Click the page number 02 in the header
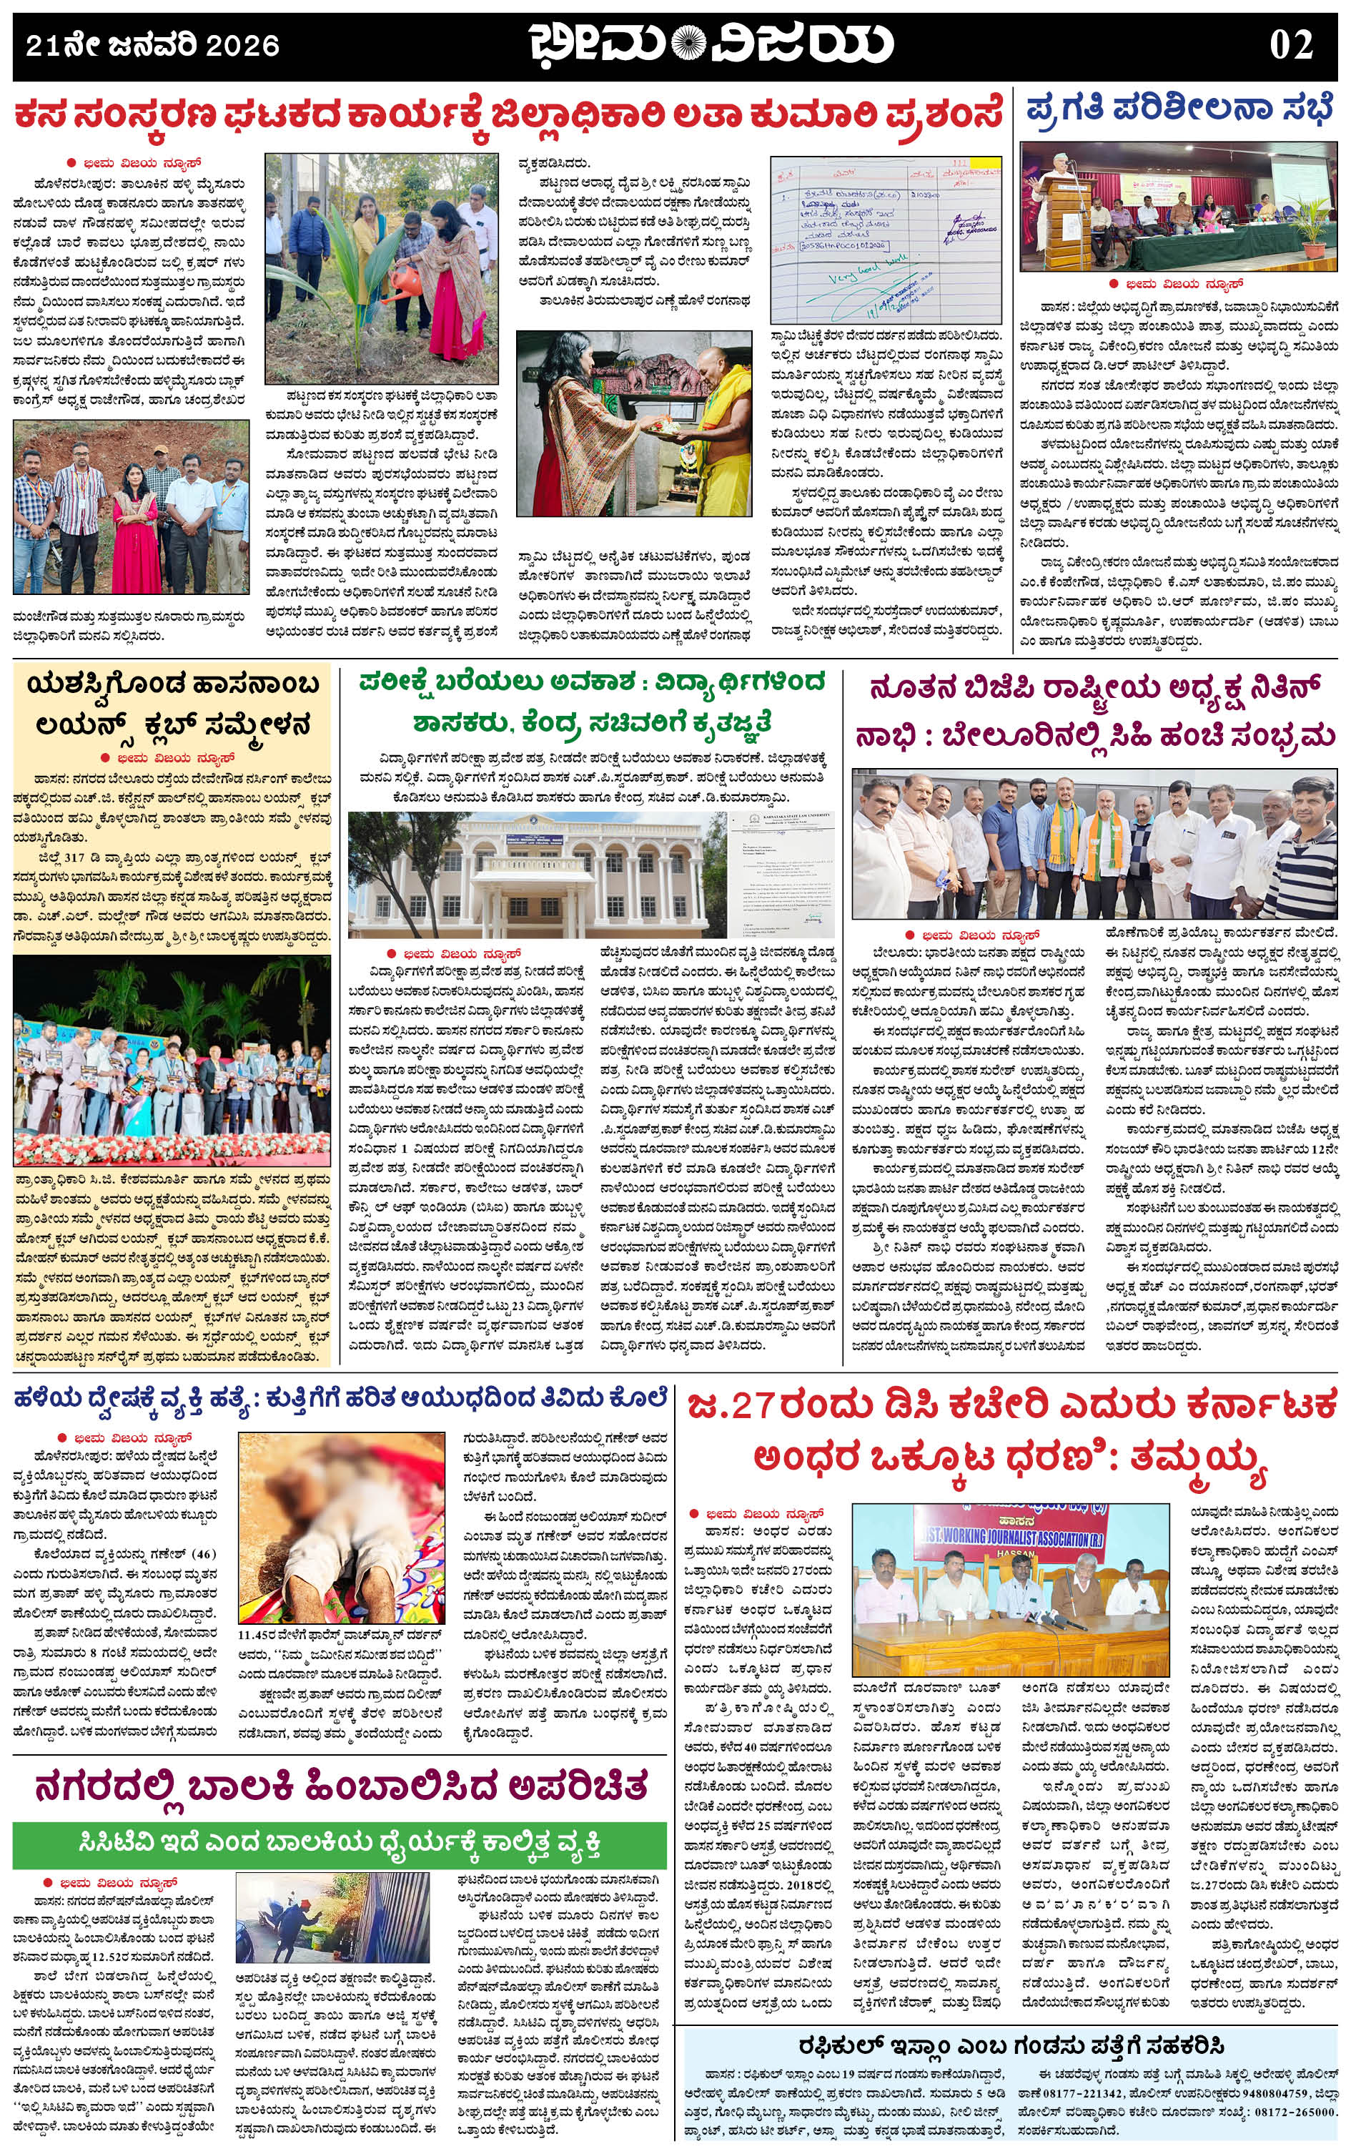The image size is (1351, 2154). [1290, 44]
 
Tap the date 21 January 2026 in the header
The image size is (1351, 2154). [152, 44]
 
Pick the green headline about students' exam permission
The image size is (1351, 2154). [592, 702]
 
